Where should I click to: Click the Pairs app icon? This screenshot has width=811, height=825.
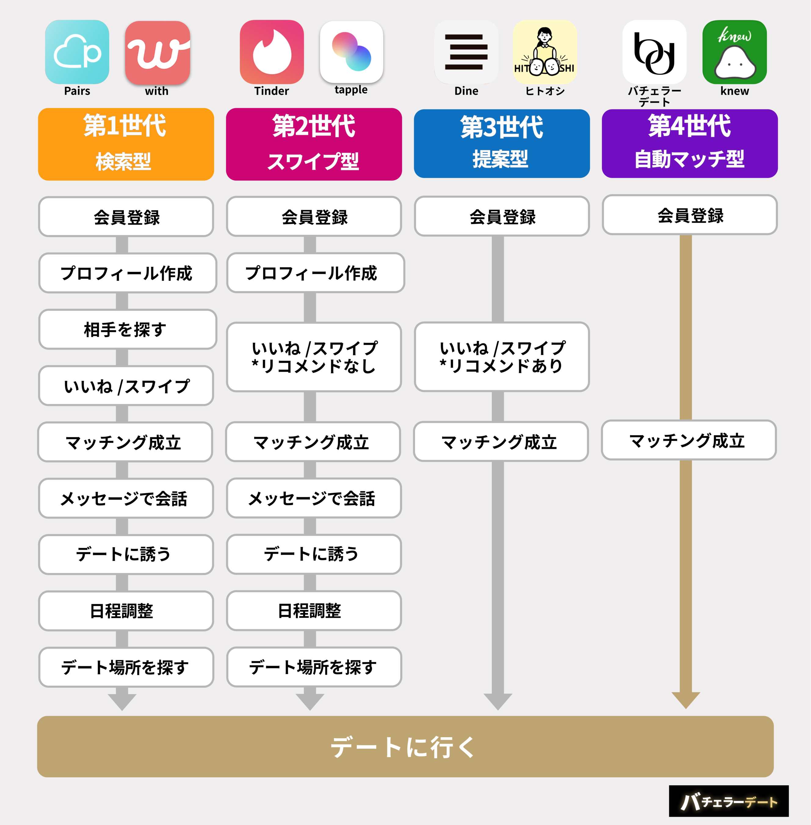[77, 52]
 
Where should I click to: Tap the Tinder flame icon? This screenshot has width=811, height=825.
[272, 52]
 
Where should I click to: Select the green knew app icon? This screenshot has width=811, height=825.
[734, 52]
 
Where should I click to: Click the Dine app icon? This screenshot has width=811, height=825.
[466, 52]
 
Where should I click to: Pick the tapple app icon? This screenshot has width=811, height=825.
[351, 52]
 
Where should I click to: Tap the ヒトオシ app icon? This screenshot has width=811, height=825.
[545, 52]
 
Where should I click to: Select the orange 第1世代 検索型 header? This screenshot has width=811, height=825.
[126, 144]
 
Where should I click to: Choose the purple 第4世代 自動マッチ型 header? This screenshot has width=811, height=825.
[689, 144]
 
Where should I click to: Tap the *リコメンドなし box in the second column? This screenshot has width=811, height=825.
[314, 357]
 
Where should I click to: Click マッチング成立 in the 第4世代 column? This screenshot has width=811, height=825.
[688, 440]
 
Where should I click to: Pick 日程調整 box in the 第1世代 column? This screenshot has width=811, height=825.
[126, 610]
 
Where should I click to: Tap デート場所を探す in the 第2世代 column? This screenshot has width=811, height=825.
[314, 667]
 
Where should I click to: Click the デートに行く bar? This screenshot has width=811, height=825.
[405, 746]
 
